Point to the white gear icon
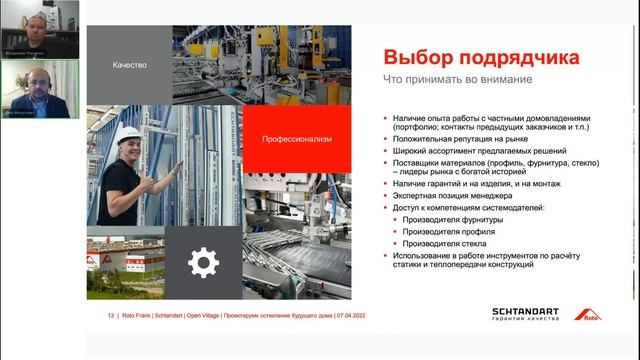(203, 263)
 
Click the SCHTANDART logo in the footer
(529, 312)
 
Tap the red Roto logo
(587, 314)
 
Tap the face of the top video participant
(39, 19)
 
